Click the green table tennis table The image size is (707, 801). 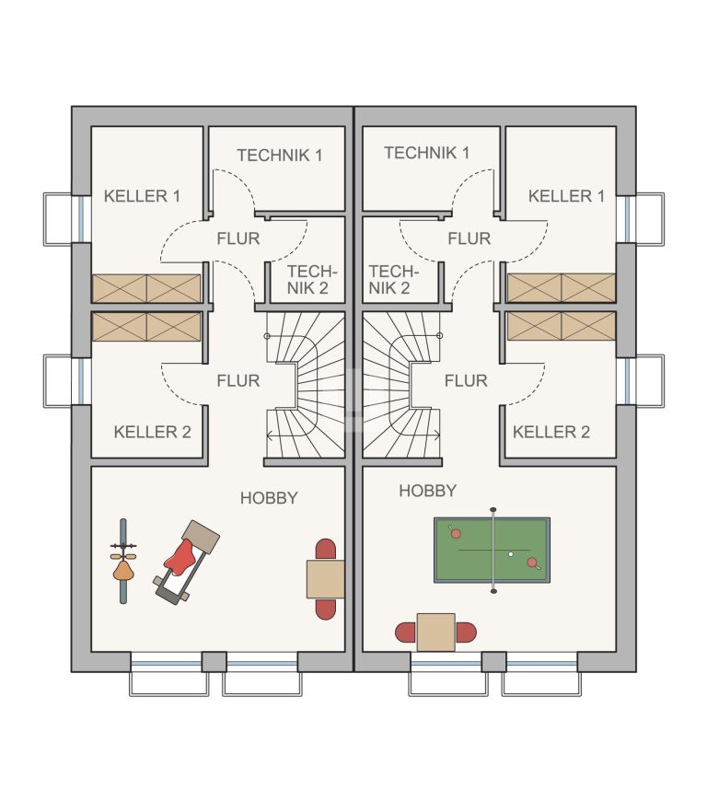[492, 551]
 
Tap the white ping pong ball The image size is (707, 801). [510, 554]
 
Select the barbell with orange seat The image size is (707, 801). [123, 562]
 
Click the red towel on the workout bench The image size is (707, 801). [181, 557]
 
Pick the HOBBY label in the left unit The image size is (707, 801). [269, 498]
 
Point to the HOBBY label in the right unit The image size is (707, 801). [427, 491]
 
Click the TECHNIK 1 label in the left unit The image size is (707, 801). [280, 156]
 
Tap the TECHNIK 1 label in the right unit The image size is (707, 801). [426, 153]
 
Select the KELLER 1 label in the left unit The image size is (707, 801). [142, 196]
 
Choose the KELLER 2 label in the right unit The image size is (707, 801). [551, 432]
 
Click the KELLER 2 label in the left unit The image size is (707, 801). [152, 432]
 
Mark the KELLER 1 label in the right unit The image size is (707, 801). [566, 196]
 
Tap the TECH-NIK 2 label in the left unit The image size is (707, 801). [310, 280]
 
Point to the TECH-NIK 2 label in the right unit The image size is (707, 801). [393, 280]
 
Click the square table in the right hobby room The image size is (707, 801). [435, 633]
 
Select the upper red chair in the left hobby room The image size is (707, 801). [326, 549]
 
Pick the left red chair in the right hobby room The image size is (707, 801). [406, 633]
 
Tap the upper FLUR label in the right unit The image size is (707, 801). [469, 238]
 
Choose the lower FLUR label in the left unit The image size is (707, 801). [238, 380]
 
